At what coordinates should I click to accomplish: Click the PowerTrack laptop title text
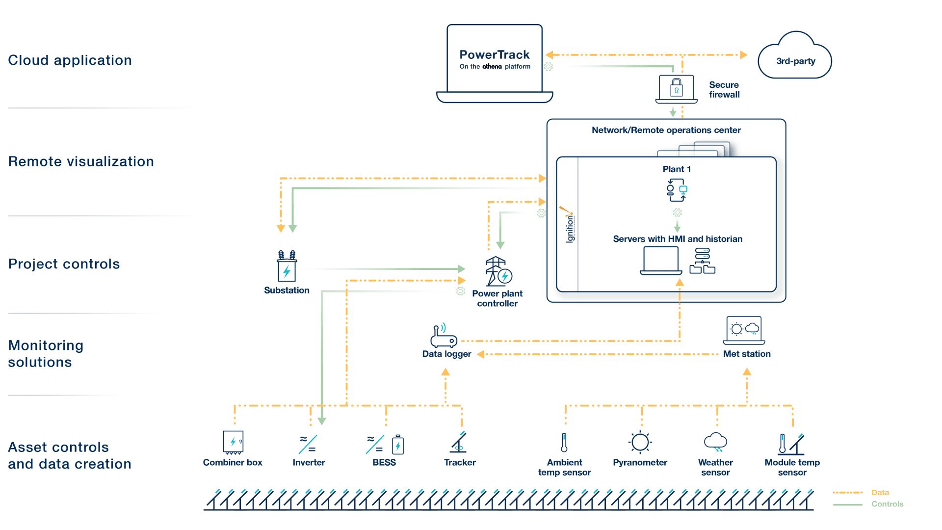[x=494, y=54]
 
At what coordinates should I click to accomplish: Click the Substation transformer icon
[x=287, y=266]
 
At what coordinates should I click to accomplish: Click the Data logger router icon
[x=444, y=337]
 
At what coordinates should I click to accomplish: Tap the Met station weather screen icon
[x=744, y=330]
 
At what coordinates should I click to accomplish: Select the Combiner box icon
[x=233, y=442]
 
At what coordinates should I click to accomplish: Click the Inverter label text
[x=309, y=462]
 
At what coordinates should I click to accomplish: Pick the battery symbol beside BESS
[x=398, y=445]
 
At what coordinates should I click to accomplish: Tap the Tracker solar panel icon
[x=459, y=443]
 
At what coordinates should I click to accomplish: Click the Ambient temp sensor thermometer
[x=564, y=443]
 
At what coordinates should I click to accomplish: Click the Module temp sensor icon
[x=791, y=444]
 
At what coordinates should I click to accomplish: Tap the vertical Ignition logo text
[x=569, y=228]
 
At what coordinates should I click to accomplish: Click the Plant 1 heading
[x=677, y=169]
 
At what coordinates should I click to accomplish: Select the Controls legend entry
[x=887, y=504]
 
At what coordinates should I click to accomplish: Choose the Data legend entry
[x=880, y=492]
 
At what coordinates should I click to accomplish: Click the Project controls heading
[x=64, y=264]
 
